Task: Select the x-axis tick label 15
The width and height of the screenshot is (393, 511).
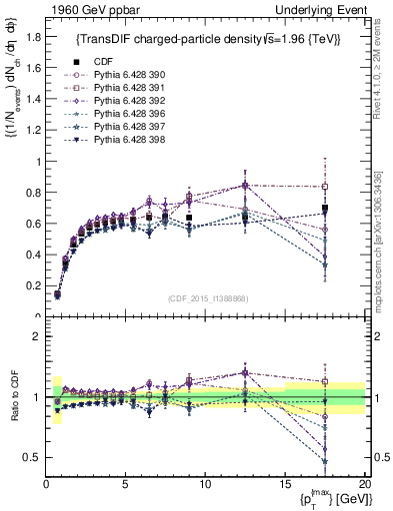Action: [x=284, y=485]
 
